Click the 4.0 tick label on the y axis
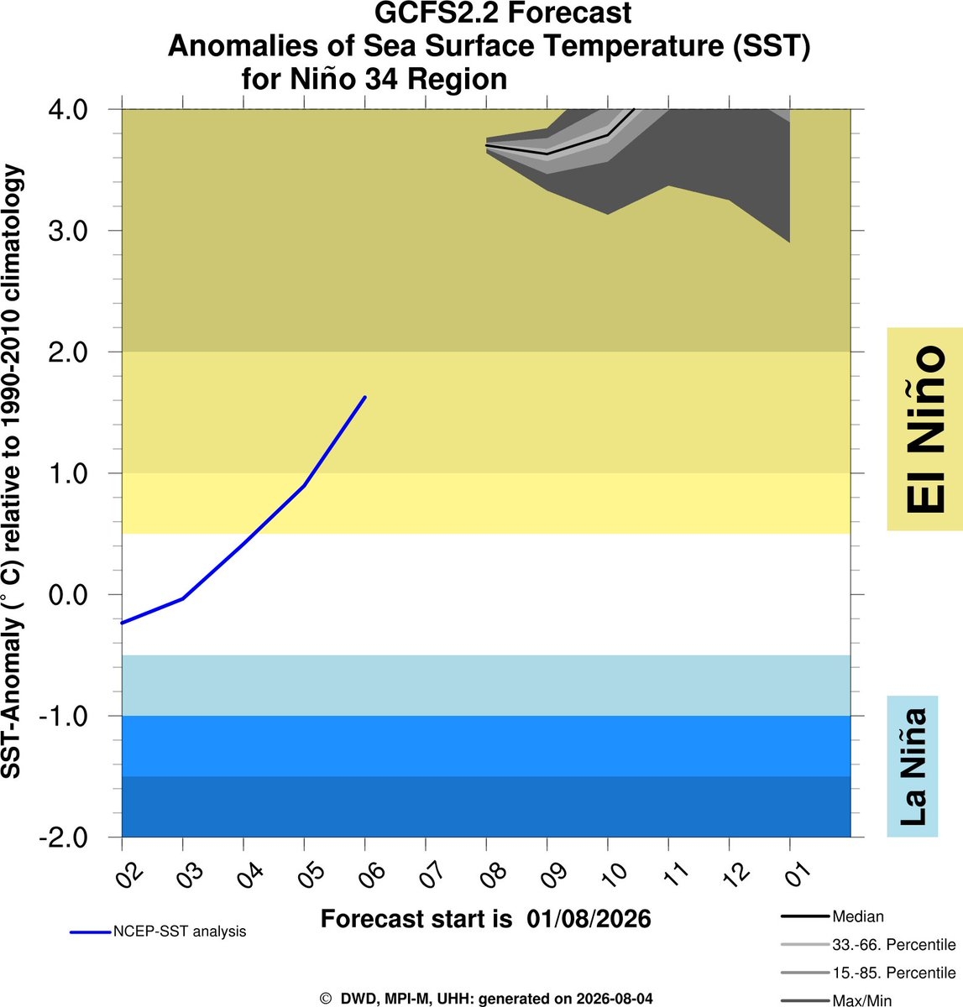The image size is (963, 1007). click(68, 109)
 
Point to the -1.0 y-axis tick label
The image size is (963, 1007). click(64, 716)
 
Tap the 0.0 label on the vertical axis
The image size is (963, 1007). click(68, 595)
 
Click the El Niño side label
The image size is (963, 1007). click(925, 429)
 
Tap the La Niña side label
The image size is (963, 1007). click(913, 766)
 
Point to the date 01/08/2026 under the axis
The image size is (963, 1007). click(589, 919)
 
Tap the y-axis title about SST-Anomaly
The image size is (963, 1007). click(12, 472)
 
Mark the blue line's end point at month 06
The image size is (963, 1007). click(365, 397)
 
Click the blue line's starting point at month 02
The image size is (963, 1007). click(123, 623)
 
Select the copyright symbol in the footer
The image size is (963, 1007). click(325, 999)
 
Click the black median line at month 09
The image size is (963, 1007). click(547, 154)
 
